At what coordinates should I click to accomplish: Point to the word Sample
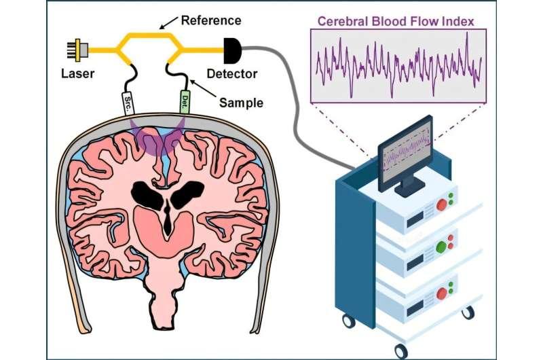coord(241,103)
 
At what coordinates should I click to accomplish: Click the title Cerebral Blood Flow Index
coord(396,22)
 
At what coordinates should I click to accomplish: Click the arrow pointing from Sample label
coord(198,82)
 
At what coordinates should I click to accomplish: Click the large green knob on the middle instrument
coord(444,246)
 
